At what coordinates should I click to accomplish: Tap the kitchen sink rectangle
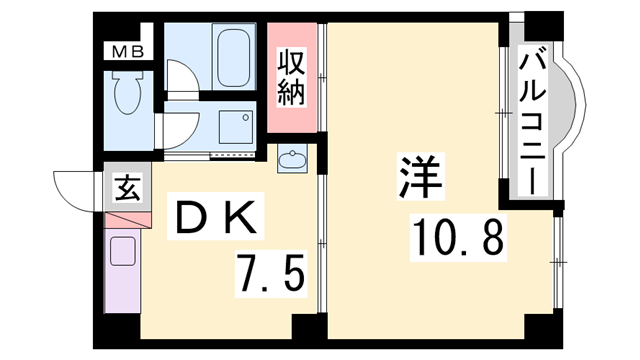pyautogui.click(x=122, y=254)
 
